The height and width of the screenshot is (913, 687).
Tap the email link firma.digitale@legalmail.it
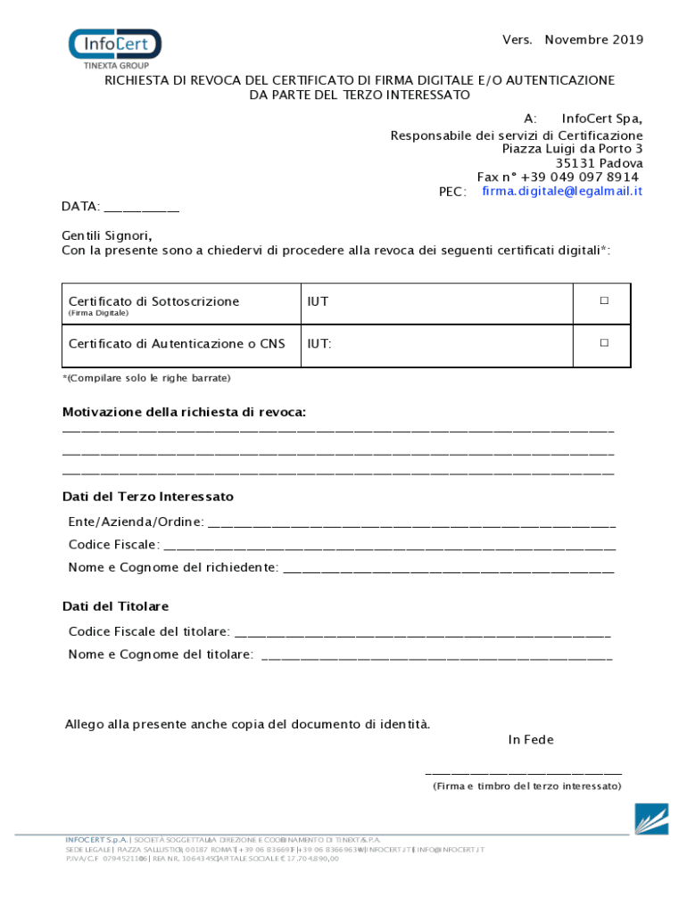click(x=562, y=192)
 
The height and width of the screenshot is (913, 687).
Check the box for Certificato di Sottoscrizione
click(x=604, y=301)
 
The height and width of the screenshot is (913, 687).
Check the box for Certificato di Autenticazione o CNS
click(x=604, y=342)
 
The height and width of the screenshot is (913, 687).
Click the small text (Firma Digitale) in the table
click(x=99, y=314)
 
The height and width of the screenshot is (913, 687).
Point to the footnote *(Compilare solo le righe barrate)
click(x=146, y=378)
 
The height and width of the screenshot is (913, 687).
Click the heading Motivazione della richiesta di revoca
click(x=184, y=412)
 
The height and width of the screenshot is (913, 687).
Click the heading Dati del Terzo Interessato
click(x=148, y=497)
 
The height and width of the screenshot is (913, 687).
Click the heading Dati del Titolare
click(x=115, y=606)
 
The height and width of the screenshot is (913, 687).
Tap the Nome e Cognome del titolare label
click(x=161, y=654)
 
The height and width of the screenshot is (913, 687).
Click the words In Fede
click(x=531, y=740)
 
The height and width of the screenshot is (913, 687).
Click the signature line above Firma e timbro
click(x=524, y=773)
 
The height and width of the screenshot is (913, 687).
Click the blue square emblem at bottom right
click(x=651, y=818)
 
